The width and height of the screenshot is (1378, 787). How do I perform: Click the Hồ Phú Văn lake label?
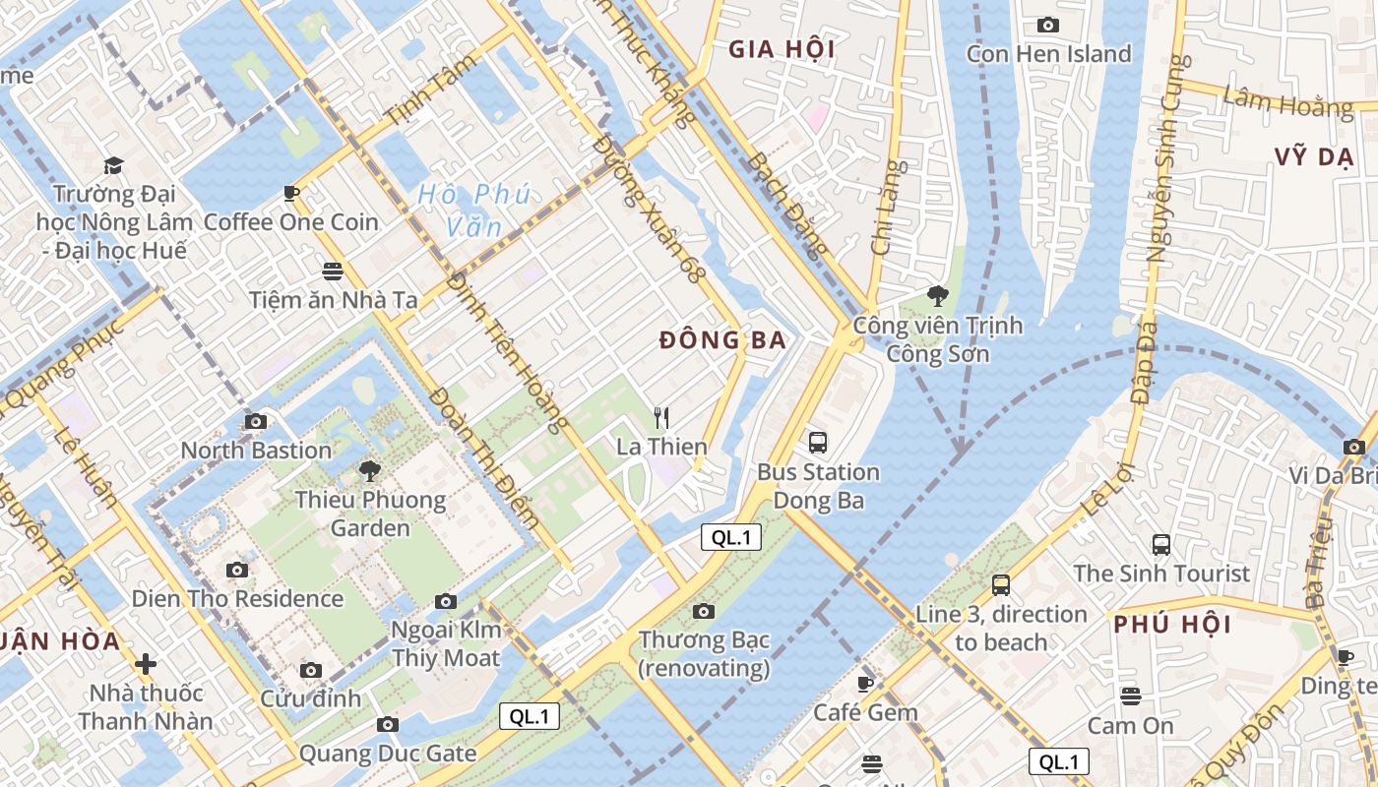pyautogui.click(x=473, y=211)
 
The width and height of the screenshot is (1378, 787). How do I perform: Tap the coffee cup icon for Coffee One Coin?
pyautogui.click(x=290, y=193)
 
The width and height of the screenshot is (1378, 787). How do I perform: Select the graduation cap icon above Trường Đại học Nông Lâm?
pyautogui.click(x=114, y=165)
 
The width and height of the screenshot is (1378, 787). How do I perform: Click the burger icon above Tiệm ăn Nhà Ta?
pyautogui.click(x=333, y=271)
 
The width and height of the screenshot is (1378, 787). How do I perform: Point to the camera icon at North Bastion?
pyautogui.click(x=256, y=421)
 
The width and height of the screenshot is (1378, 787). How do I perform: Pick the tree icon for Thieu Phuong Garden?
pyautogui.click(x=370, y=470)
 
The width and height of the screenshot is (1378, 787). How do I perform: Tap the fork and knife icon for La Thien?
pyautogui.click(x=661, y=418)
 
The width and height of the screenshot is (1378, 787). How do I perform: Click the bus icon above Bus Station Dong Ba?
pyautogui.click(x=818, y=443)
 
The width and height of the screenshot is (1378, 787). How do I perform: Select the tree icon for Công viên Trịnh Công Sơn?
pyautogui.click(x=938, y=295)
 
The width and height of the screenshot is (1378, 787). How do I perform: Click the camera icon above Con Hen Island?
pyautogui.click(x=1048, y=25)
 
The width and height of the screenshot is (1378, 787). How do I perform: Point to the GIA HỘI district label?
pyautogui.click(x=782, y=49)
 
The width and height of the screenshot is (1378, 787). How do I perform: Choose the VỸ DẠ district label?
pyautogui.click(x=1313, y=157)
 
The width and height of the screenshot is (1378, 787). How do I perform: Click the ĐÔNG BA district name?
pyautogui.click(x=722, y=340)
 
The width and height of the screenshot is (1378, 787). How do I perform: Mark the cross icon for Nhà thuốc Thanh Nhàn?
pyautogui.click(x=146, y=664)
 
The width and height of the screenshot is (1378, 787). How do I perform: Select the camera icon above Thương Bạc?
pyautogui.click(x=703, y=611)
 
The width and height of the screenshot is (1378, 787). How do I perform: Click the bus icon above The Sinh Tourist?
pyautogui.click(x=1161, y=544)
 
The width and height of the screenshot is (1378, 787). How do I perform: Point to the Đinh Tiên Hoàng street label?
pyautogui.click(x=507, y=352)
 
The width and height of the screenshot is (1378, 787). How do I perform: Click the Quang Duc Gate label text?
pyautogui.click(x=388, y=754)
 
